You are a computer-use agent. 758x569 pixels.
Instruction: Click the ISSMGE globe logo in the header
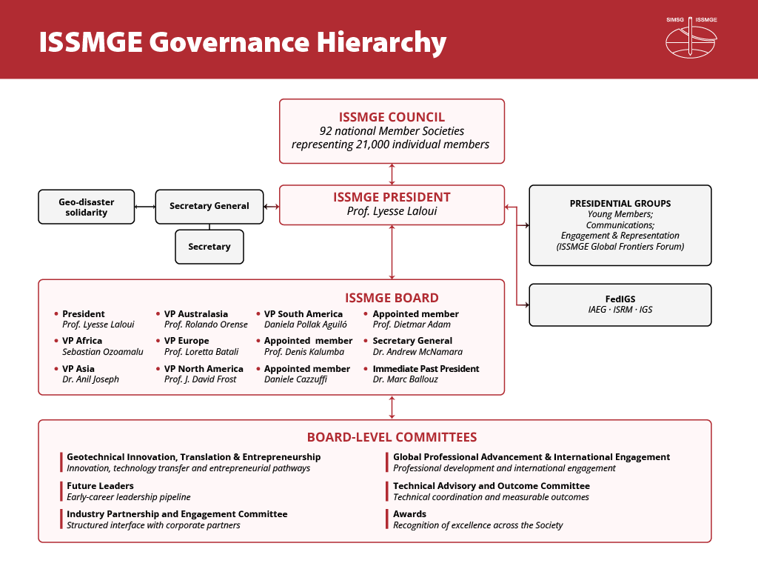[x=691, y=39]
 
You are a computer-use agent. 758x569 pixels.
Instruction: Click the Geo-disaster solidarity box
[x=87, y=207]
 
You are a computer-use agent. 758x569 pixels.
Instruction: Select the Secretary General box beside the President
[x=209, y=207]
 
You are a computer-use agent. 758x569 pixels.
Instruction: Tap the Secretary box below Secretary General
[x=209, y=247]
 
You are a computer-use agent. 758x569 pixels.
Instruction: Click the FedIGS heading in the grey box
[x=620, y=299]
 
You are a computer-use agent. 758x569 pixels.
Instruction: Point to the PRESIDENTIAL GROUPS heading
[x=620, y=204]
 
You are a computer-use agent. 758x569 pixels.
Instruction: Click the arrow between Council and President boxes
[x=392, y=174]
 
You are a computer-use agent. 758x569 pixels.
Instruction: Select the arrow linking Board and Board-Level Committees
[x=392, y=407]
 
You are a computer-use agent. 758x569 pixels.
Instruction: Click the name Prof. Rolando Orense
[x=206, y=325]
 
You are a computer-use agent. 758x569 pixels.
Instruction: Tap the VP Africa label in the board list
[x=82, y=341]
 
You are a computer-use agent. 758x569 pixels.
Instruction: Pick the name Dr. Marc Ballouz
[x=405, y=379]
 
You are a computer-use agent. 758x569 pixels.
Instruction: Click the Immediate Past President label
[x=426, y=369]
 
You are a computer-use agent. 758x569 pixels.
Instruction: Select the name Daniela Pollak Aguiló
[x=306, y=325]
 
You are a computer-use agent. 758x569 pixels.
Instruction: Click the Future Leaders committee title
[x=100, y=486]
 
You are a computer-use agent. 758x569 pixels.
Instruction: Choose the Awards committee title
[x=409, y=514]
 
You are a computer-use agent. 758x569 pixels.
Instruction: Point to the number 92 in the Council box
[x=326, y=131]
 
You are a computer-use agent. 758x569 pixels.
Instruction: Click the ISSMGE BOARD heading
[x=392, y=298]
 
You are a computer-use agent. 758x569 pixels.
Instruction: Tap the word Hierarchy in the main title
[x=381, y=42]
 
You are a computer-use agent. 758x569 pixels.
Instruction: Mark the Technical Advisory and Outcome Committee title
[x=492, y=486]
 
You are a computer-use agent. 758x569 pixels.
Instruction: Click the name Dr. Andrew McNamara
[x=417, y=352]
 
